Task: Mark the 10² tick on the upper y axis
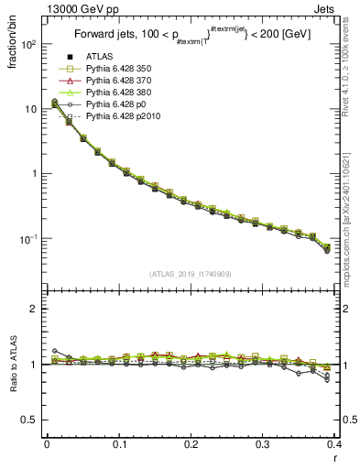[x=26, y=44]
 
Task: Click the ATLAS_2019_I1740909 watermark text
[x=190, y=275]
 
